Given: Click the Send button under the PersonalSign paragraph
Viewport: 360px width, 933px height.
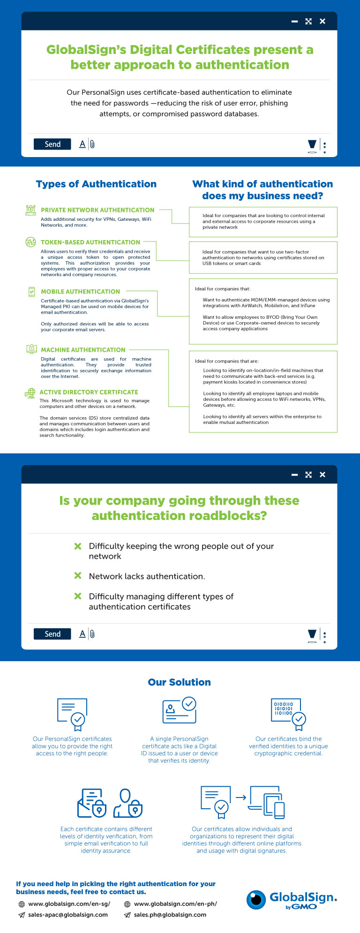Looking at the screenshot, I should (52, 144).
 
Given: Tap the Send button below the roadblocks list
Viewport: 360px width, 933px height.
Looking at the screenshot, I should (52, 634).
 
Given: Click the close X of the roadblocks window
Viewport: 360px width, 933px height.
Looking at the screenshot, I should (322, 474).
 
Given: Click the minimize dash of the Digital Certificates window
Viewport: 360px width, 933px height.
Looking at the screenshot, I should (294, 22).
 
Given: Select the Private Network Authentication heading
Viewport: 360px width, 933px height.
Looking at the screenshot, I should (97, 210).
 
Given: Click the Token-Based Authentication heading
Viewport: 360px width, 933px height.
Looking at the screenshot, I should (90, 242).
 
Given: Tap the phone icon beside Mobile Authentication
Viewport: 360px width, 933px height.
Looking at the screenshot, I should (31, 292).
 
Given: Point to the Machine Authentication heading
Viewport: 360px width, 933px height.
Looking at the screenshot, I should (83, 350).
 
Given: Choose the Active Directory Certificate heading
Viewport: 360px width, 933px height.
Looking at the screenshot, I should (89, 392).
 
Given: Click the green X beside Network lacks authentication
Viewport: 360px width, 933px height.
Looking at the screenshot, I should (78, 576).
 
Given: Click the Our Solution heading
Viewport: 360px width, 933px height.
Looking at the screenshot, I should (180, 682).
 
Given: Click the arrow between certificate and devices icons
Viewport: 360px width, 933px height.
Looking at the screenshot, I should (241, 797).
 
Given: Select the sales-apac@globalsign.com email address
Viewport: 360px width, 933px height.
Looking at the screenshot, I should (68, 915).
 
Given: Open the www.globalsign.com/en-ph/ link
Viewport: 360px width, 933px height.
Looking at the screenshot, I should (175, 904).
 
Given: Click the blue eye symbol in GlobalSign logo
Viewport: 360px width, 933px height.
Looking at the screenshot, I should (256, 899).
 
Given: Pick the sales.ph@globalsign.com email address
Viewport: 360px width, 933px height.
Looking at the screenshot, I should (170, 915).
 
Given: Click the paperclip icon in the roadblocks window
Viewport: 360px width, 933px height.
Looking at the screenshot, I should (92, 634).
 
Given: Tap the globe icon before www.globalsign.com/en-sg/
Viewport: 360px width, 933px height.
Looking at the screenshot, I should (22, 904).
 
